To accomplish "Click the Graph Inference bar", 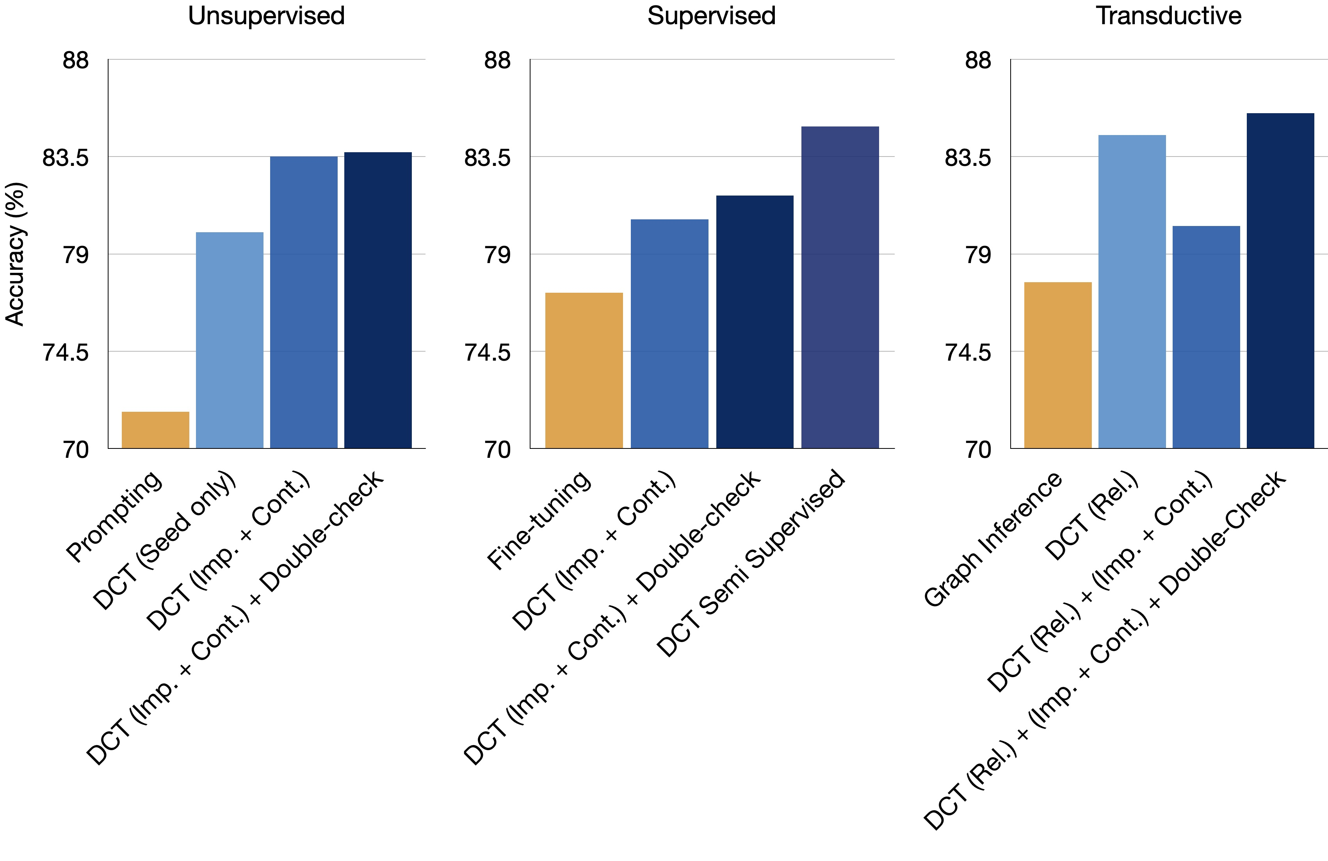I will [x=1057, y=365].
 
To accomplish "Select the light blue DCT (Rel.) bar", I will [x=1132, y=291].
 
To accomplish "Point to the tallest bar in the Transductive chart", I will [x=1280, y=280].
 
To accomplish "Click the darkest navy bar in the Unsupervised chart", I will [x=378, y=300].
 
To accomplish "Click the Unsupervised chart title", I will [x=266, y=16].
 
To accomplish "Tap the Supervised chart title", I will [x=711, y=16].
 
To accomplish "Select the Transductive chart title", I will [x=1168, y=16].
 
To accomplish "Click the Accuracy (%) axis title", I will [x=15, y=254].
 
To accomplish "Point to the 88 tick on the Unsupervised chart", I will [x=75, y=60].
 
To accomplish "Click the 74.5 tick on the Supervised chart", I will [x=487, y=352].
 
